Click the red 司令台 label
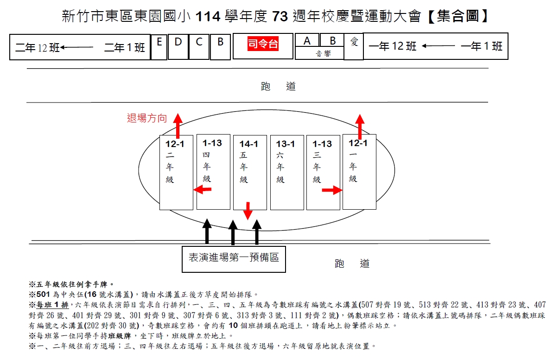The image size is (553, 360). click(263, 44)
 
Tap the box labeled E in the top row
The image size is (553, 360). click(159, 46)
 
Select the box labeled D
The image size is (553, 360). click(178, 45)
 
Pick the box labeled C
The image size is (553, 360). click(199, 45)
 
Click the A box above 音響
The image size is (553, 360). click(307, 41)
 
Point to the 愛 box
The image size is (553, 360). click(354, 46)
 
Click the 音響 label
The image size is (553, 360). click(319, 54)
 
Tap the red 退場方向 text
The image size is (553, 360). click(147, 118)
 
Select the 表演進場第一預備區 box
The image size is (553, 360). click(234, 258)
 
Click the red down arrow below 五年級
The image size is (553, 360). click(248, 211)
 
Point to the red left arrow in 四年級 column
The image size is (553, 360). click(202, 189)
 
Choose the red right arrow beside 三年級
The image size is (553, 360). click(332, 190)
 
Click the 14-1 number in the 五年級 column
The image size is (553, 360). click(249, 144)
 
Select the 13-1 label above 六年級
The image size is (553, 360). click(286, 144)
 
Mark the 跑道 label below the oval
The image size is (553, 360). click(352, 264)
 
